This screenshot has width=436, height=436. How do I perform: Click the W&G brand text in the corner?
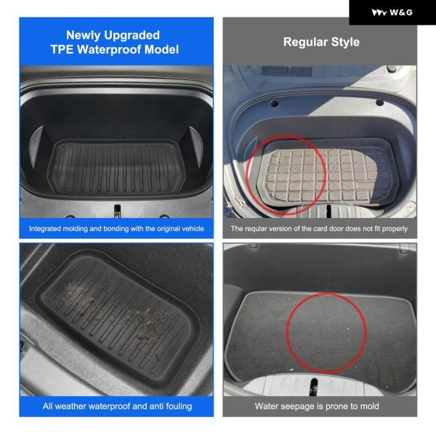[x=401, y=12]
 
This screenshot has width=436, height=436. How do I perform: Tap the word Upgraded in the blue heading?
[x=132, y=36]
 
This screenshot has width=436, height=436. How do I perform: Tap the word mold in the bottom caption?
[x=370, y=406]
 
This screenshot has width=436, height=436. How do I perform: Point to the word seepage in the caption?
[x=299, y=407]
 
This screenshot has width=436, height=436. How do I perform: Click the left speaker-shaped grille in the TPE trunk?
[x=36, y=146]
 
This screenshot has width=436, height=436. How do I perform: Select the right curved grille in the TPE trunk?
[x=196, y=145]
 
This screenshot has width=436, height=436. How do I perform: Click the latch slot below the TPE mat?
[x=117, y=211]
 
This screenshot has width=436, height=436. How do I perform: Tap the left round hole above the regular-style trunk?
[x=274, y=103]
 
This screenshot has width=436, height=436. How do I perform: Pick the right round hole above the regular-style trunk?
[x=379, y=102]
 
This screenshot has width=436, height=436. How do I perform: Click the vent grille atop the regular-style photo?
[x=287, y=71]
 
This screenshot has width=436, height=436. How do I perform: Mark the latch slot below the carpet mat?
[x=314, y=387]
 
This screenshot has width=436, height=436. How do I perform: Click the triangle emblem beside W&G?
[x=379, y=12]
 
